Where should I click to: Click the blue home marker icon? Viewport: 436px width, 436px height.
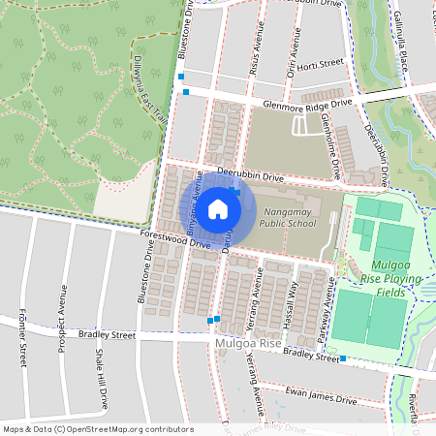click(x=218, y=208)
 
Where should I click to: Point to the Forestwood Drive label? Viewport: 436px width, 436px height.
click(x=174, y=239)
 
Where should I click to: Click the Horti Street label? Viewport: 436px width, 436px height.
click(x=320, y=64)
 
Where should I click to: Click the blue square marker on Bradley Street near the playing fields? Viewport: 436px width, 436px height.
click(x=342, y=358)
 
